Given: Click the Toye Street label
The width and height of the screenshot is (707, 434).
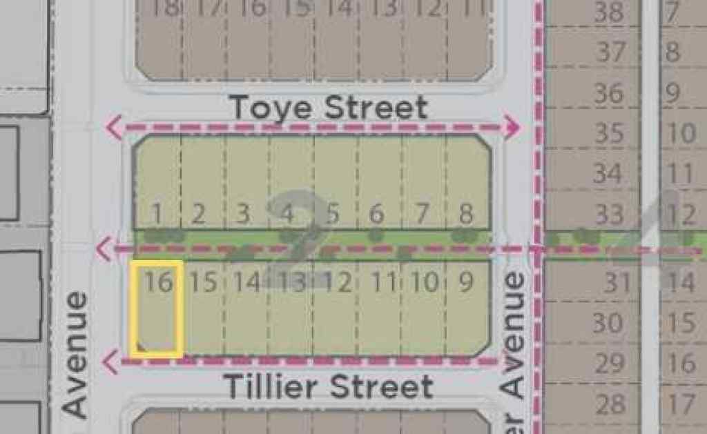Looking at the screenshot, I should (328, 108).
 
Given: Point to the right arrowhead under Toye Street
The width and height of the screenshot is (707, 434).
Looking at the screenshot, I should (512, 126).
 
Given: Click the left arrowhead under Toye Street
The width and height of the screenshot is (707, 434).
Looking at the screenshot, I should (113, 127).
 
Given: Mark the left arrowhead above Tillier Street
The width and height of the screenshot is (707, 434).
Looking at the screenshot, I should (110, 359).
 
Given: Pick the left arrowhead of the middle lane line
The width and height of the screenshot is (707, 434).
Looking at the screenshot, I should (105, 248).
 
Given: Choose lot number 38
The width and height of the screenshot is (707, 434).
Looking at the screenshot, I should (608, 11).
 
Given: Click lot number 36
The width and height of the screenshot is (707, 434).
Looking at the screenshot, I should (608, 93).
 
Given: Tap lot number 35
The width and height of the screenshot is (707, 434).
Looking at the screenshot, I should (608, 132).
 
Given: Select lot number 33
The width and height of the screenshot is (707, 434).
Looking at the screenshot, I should (608, 215).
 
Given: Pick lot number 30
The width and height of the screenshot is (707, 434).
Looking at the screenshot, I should (608, 322).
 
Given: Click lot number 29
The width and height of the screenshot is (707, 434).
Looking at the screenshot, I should (608, 363).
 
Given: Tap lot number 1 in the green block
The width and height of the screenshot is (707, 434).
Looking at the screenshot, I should (157, 214).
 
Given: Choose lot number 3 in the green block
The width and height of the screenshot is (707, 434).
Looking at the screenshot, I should (243, 214).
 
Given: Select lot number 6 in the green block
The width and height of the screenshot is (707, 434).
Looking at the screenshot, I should (376, 214).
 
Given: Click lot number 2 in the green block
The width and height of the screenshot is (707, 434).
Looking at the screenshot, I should (199, 214).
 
